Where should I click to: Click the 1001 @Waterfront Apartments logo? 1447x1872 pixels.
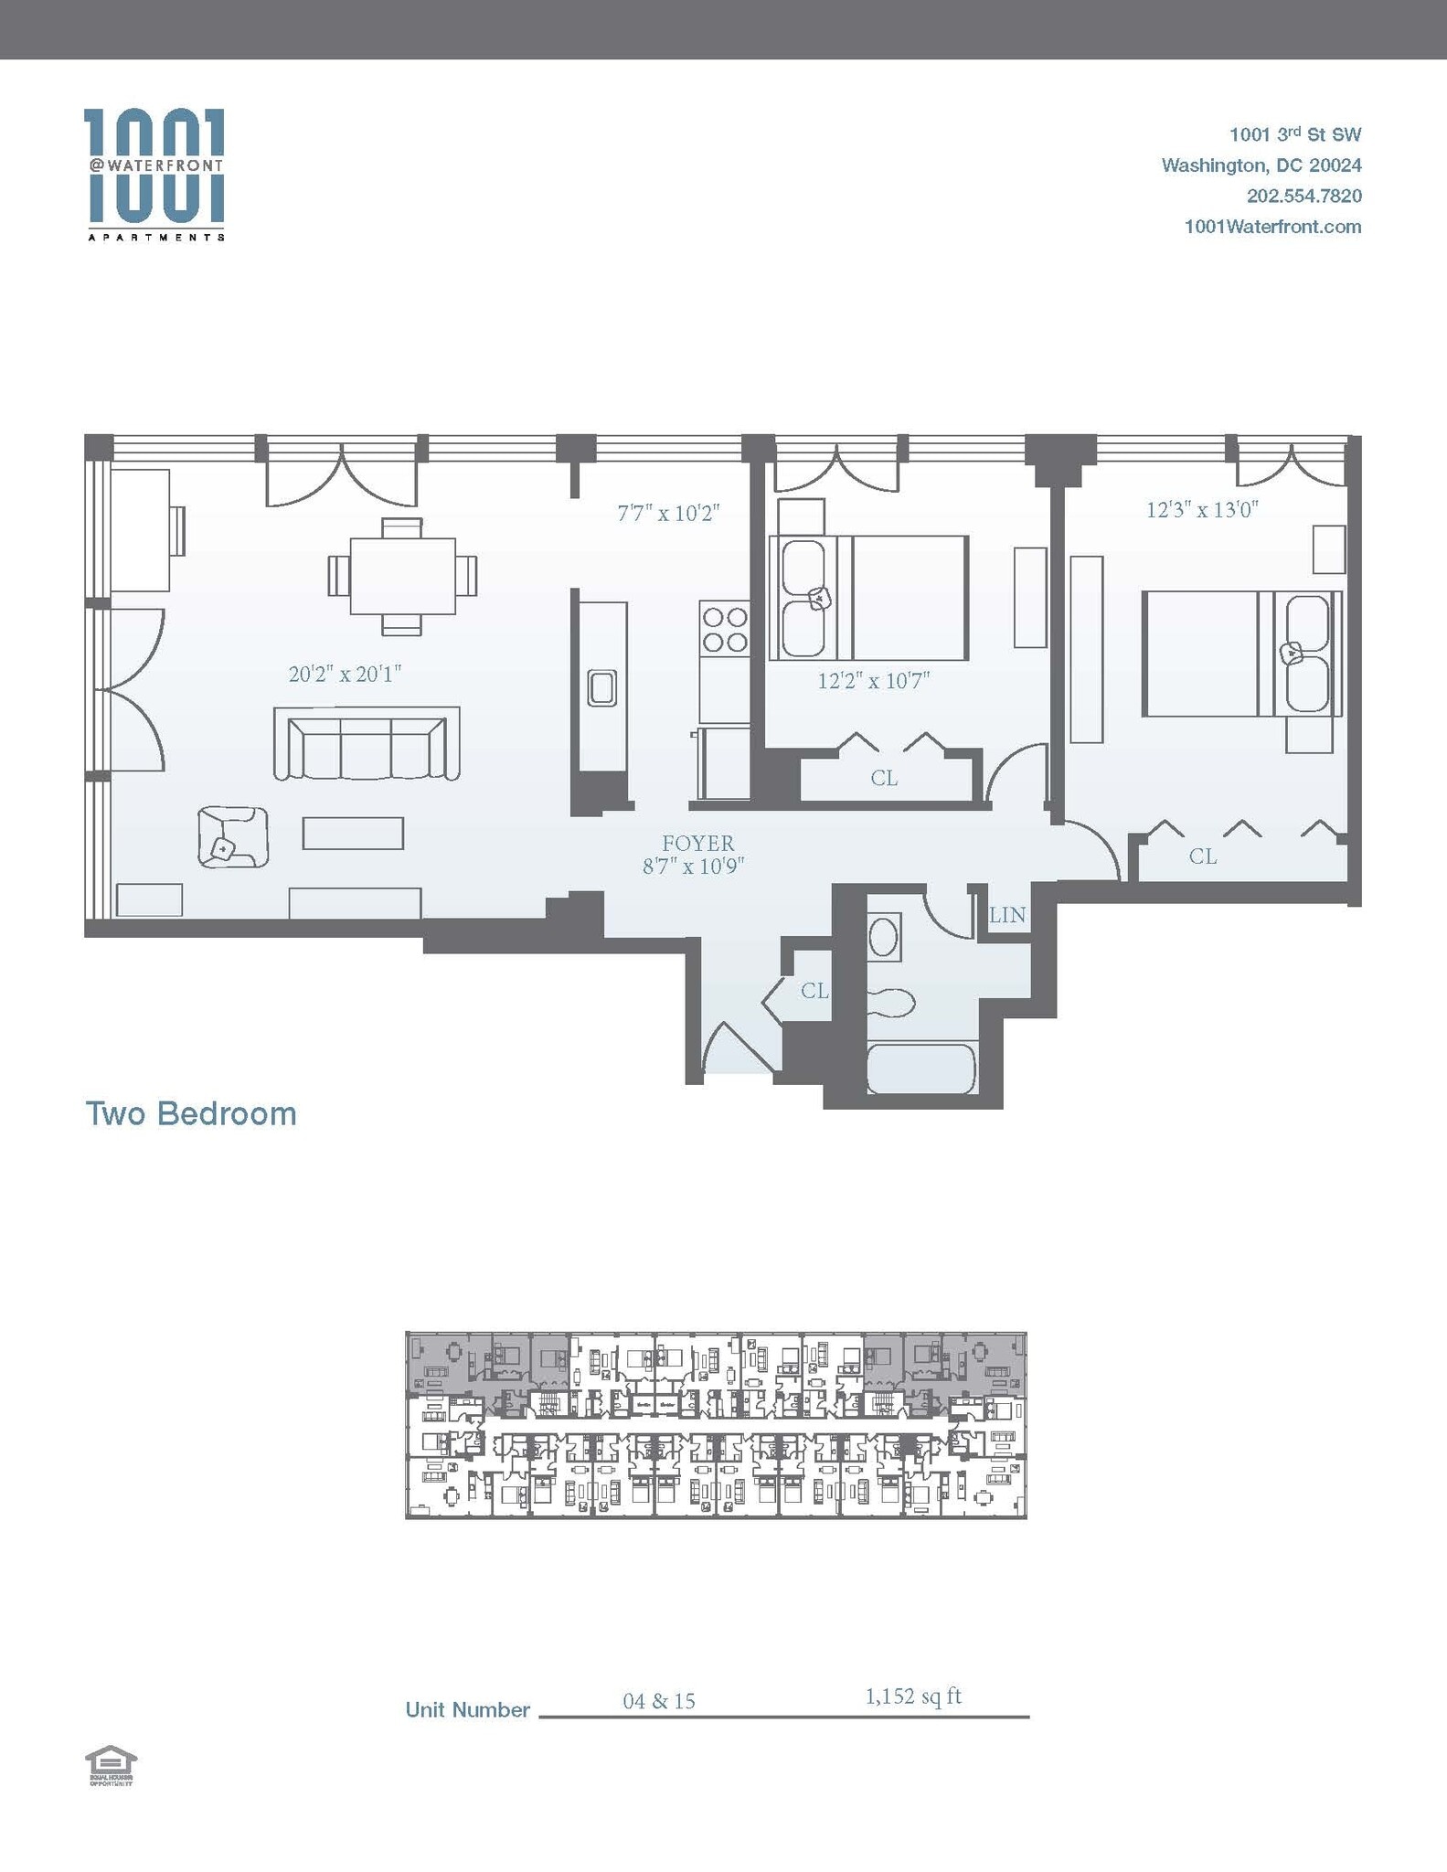point(154,174)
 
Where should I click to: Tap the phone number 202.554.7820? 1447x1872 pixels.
point(1303,196)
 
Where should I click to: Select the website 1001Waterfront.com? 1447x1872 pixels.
point(1272,227)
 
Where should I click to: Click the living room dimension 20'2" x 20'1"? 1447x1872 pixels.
point(345,675)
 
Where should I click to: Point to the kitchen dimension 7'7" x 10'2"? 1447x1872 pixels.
point(669,513)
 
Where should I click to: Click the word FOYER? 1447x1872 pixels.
point(697,843)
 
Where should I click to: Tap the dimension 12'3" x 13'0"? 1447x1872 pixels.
point(1202,510)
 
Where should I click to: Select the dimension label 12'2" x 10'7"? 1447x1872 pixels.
point(873,681)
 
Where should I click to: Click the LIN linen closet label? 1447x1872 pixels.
point(1007,915)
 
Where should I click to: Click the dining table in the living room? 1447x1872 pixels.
point(402,576)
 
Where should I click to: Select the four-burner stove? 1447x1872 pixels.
point(724,630)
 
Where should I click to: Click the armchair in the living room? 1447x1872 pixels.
point(232,835)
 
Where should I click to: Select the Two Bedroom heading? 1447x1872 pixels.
point(191,1114)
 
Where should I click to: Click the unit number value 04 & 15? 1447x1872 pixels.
point(658,1701)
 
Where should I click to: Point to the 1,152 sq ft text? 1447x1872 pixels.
point(912,1696)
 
